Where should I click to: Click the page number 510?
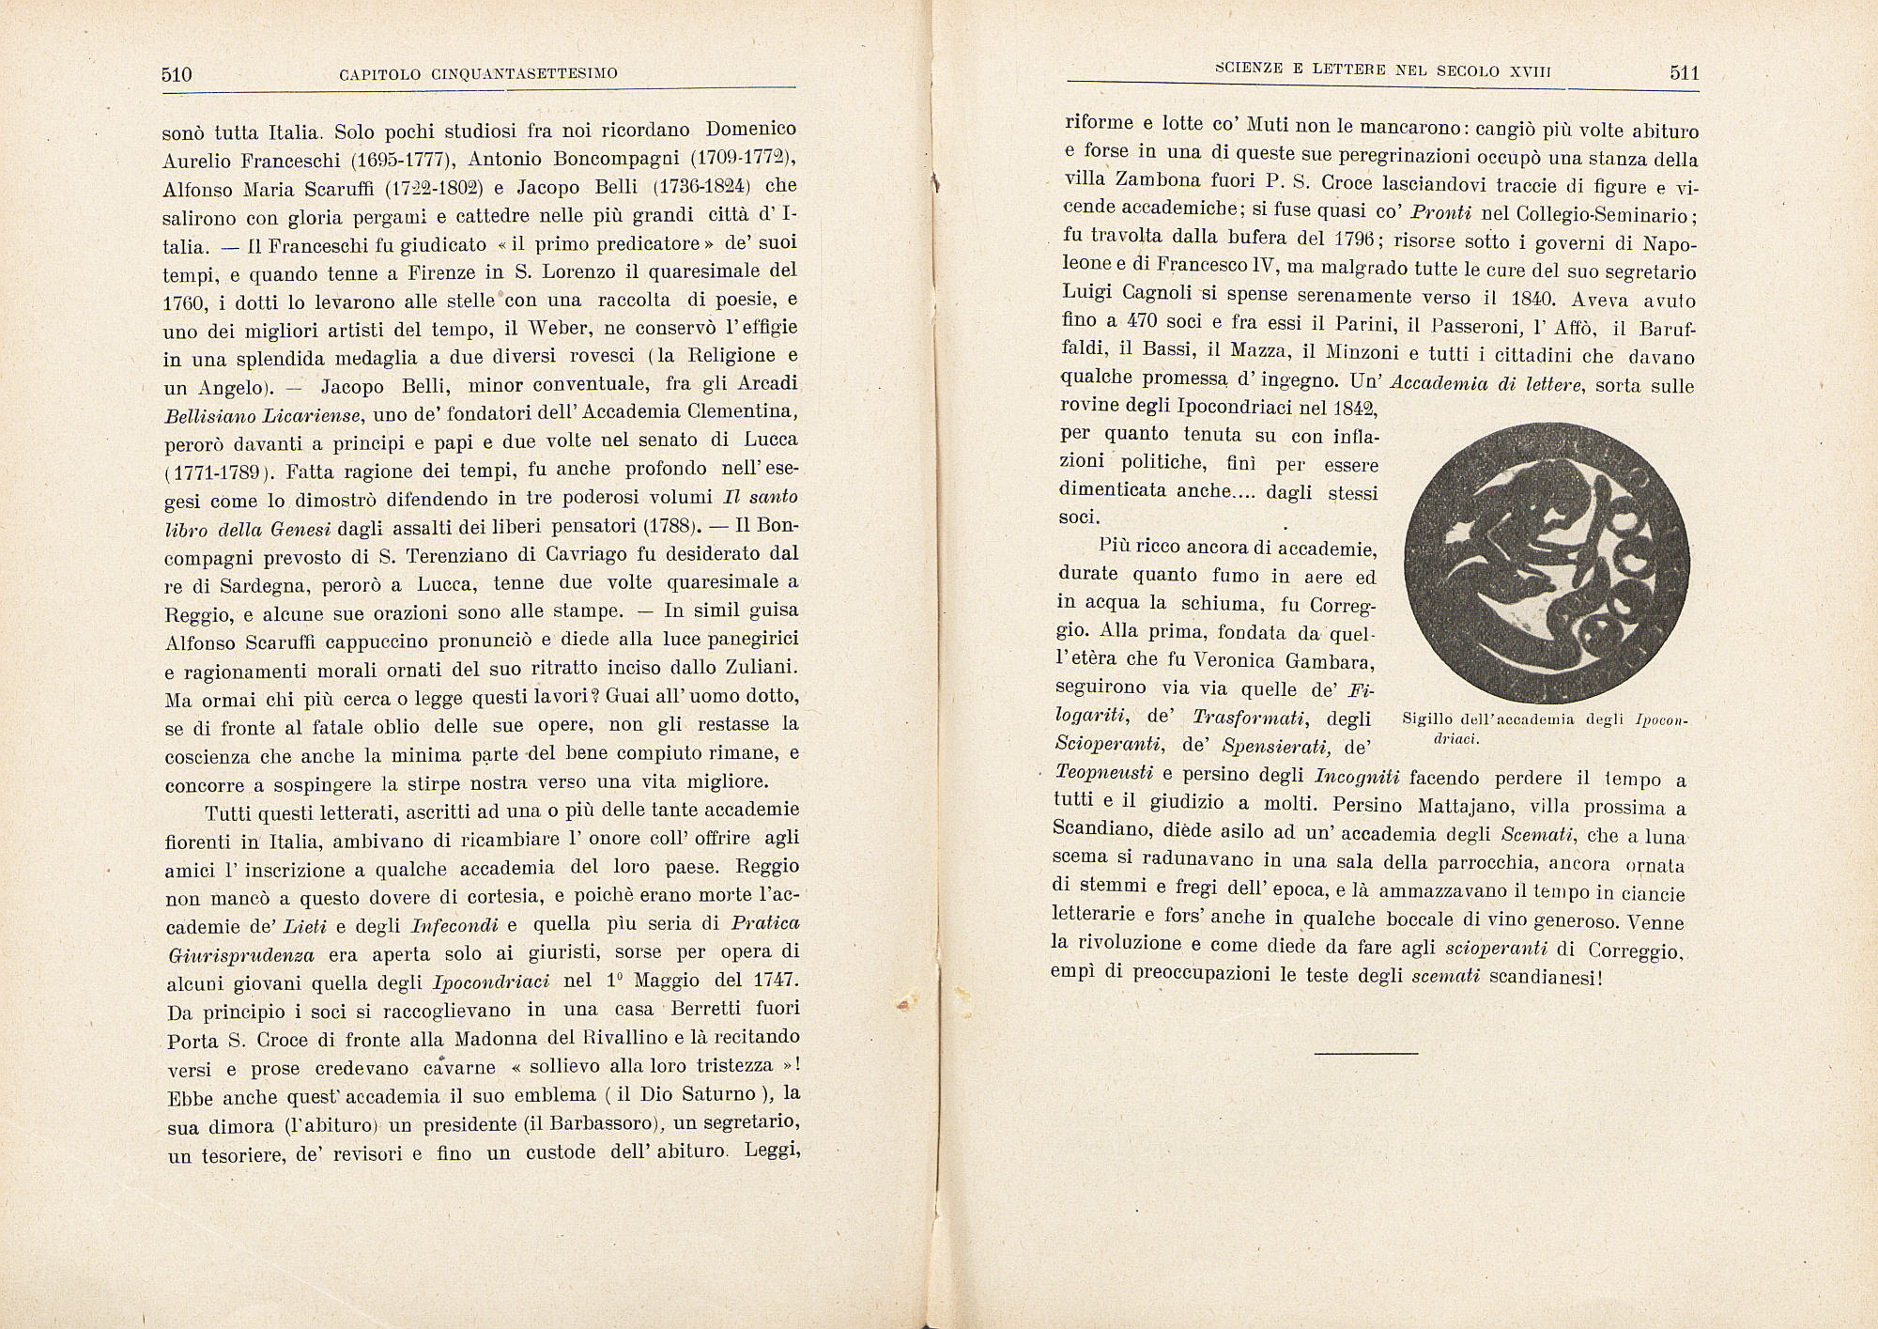(177, 74)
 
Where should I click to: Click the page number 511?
(1685, 73)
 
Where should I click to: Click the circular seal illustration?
(1552, 561)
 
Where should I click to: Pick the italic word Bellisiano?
(209, 415)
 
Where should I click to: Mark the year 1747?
(775, 981)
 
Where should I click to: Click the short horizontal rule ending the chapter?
(1366, 1053)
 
